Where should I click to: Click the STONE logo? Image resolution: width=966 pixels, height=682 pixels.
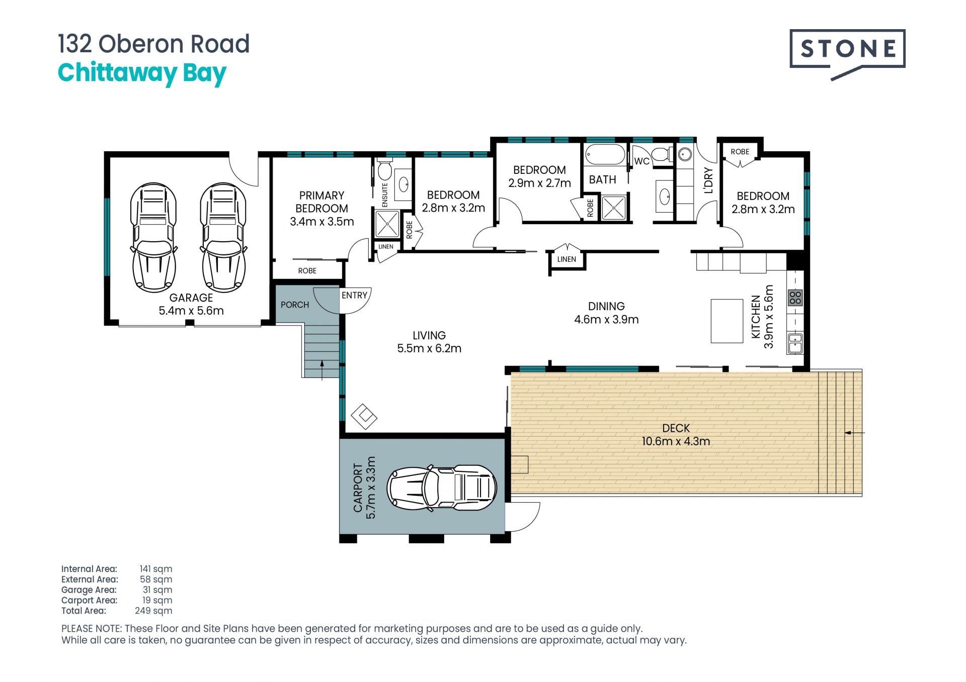pos(847,54)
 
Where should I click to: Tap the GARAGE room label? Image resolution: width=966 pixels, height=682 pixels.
pos(191,298)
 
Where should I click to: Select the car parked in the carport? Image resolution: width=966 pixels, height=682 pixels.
pos(442,488)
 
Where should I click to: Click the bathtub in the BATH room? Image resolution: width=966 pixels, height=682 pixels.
pos(605,155)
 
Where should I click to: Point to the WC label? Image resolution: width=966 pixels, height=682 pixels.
pos(641,161)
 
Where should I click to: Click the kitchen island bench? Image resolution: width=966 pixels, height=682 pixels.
pos(727,321)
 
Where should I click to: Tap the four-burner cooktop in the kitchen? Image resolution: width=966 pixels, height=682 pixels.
pos(795,298)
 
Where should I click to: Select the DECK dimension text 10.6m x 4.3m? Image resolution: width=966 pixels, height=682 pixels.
pos(676,441)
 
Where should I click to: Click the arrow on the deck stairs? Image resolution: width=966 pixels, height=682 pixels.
pos(855,432)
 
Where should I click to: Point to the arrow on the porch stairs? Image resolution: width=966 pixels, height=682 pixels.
pos(322,369)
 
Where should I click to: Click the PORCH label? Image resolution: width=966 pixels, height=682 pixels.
pos(295,305)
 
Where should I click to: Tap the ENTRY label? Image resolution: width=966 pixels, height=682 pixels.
pos(354,296)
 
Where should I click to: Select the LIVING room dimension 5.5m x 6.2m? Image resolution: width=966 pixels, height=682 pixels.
pos(429,348)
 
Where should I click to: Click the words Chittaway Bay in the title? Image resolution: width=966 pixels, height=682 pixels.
pos(142,73)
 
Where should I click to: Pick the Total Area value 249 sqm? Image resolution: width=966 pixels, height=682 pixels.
pos(153,611)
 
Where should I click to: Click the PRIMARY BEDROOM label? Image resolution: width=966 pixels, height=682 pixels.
pos(321,202)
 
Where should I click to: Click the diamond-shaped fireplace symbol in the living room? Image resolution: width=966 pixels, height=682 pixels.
pos(364,417)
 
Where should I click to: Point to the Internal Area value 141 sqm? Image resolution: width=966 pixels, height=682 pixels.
pos(156,569)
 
